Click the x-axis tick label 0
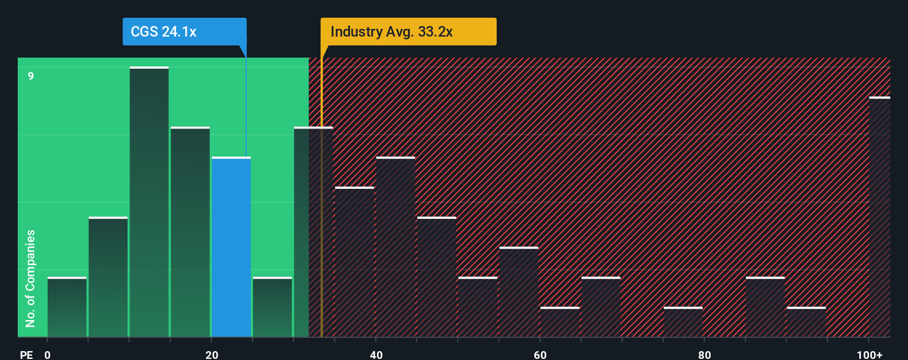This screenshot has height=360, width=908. click(48, 354)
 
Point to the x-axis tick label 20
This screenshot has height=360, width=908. click(211, 354)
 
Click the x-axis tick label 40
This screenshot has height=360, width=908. click(376, 354)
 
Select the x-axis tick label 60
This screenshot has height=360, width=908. click(540, 354)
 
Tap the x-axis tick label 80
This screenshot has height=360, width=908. click(704, 354)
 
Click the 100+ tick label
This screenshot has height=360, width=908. click(869, 354)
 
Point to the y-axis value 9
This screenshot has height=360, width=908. click(31, 76)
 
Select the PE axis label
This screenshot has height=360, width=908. click(26, 354)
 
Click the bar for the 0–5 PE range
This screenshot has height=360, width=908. click(67, 307)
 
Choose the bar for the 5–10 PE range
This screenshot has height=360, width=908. click(108, 277)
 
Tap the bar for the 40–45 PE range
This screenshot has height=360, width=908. click(395, 247)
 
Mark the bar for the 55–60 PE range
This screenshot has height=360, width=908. click(519, 292)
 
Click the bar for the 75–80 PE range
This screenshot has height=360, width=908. click(683, 322)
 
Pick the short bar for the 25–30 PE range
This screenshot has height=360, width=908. click(272, 307)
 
